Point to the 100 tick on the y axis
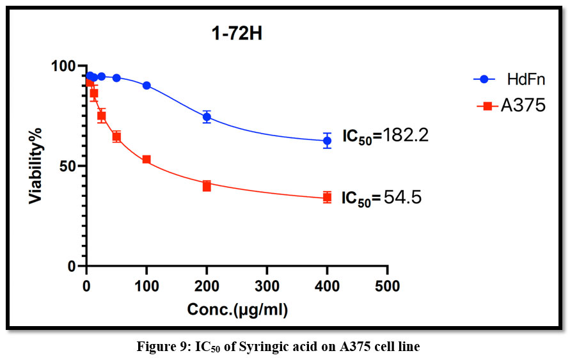(65, 66)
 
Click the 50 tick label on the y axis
(69, 166)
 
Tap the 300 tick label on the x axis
(267, 286)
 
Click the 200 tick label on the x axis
(207, 286)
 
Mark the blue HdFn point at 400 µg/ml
(327, 141)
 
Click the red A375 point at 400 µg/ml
(327, 198)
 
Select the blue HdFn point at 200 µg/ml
(207, 117)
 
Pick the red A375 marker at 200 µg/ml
(207, 186)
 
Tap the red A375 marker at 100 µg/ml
(146, 159)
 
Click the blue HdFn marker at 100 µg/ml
(146, 85)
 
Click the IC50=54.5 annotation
(381, 198)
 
